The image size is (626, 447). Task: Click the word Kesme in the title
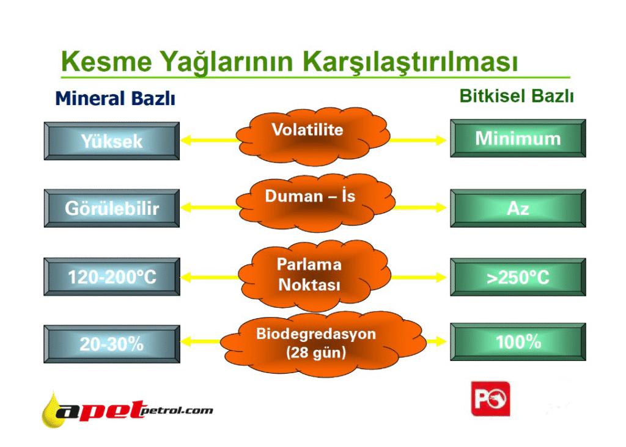pyautogui.click(x=106, y=61)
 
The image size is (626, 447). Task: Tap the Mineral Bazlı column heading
pyautogui.click(x=116, y=98)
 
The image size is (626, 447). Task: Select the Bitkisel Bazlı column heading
pyautogui.click(x=517, y=96)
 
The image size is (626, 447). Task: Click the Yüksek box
pyautogui.click(x=112, y=141)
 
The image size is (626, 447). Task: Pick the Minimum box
pyautogui.click(x=518, y=139)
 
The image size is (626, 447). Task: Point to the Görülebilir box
pyautogui.click(x=112, y=208)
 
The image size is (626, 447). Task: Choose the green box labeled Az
pyautogui.click(x=518, y=208)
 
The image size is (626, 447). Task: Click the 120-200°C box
pyautogui.click(x=112, y=277)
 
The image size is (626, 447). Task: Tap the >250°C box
pyautogui.click(x=518, y=277)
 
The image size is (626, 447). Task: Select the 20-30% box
pyautogui.click(x=112, y=344)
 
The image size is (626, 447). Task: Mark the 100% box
pyautogui.click(x=518, y=342)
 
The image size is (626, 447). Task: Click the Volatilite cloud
pyautogui.click(x=313, y=136)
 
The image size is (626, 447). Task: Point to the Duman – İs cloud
pyautogui.click(x=315, y=203)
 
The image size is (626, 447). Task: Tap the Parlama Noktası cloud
pyautogui.click(x=314, y=275)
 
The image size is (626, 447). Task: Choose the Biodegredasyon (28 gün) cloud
pyautogui.click(x=323, y=344)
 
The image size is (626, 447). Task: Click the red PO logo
pyautogui.click(x=491, y=399)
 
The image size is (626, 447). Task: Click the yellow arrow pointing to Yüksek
pyautogui.click(x=210, y=140)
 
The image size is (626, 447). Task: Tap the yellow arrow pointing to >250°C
pyautogui.click(x=418, y=277)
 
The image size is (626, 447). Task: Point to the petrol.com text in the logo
pyautogui.click(x=177, y=411)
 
